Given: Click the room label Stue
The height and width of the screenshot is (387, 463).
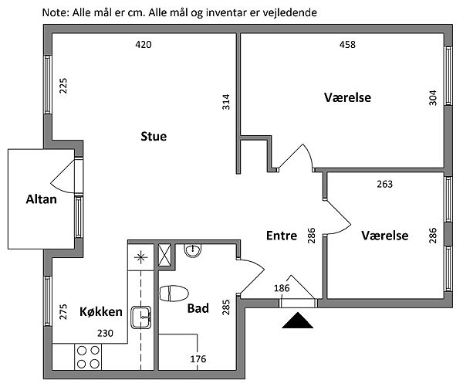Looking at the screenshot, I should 154,137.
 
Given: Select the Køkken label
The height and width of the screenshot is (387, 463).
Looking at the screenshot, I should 101,311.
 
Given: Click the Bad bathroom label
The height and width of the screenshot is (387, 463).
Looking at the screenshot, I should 198,308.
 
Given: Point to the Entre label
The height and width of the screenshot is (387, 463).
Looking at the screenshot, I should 281,236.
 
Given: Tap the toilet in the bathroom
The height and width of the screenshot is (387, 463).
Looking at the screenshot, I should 174,294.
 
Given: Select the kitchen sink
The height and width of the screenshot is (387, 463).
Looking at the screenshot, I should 140,316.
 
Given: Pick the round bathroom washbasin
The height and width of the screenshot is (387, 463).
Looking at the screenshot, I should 192,252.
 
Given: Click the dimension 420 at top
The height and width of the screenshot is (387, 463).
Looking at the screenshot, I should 143,45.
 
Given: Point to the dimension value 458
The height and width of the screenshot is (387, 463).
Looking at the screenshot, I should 347,45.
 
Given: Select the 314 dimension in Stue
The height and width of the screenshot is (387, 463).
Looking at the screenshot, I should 226,102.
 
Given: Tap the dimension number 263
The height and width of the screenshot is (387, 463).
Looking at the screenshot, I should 384,184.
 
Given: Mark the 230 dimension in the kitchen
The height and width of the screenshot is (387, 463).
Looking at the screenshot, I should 104,333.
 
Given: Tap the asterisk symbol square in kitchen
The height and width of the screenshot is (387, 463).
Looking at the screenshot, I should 141,257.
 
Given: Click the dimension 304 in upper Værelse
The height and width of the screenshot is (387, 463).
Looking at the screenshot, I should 432,98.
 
